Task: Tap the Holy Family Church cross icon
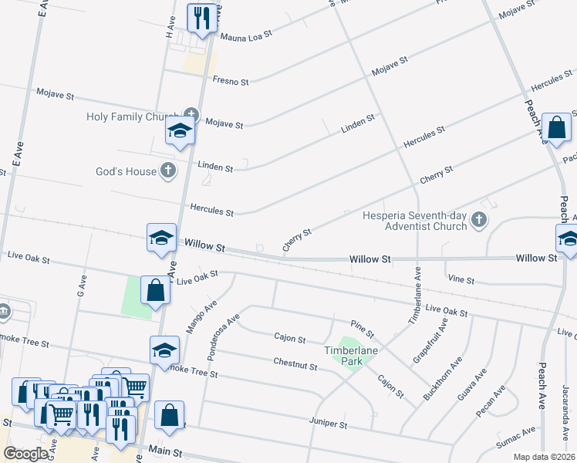coord(191,117)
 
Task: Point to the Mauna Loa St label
coord(247,35)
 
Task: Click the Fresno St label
coord(231,81)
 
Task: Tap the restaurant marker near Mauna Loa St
coord(202,19)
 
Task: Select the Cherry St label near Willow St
coord(297,239)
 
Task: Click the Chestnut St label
coord(295,363)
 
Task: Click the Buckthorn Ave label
coord(443,379)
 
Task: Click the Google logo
coord(25,454)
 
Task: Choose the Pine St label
coord(362,329)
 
